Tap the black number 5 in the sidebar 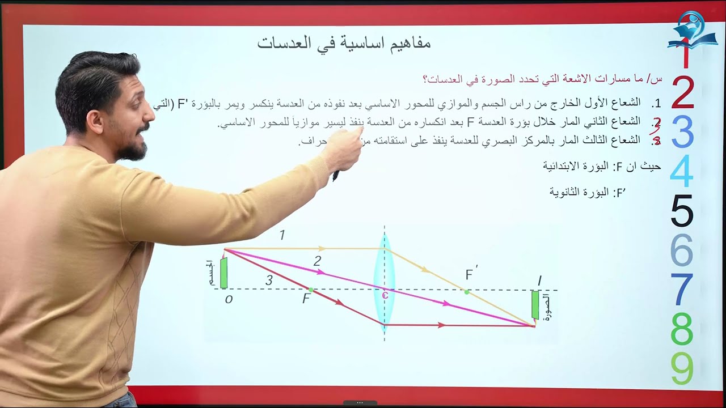(x=682, y=211)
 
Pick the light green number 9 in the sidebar (x=682, y=368)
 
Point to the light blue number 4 (x=682, y=171)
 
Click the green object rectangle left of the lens (x=224, y=273)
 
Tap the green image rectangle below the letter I (x=535, y=305)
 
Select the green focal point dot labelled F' (x=466, y=292)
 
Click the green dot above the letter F (x=311, y=290)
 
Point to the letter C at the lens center (x=385, y=294)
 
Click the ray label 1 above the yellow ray (x=282, y=235)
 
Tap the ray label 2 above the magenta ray (x=317, y=261)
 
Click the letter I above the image (x=539, y=280)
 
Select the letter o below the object (x=229, y=299)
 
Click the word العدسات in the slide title (x=283, y=43)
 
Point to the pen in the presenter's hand (x=336, y=175)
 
